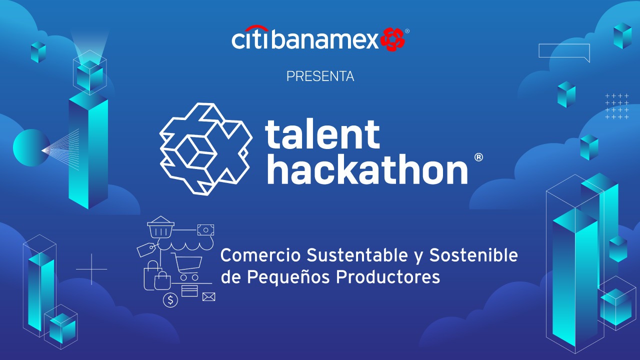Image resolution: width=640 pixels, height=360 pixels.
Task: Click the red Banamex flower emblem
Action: pyautogui.click(x=392, y=39)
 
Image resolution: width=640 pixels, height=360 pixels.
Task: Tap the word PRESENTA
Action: pyautogui.click(x=320, y=76)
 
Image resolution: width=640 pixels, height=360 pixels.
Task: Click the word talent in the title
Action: pyautogui.click(x=322, y=134)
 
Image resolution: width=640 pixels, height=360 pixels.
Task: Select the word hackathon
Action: pyautogui.click(x=367, y=169)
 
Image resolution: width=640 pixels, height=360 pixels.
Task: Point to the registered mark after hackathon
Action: pyautogui.click(x=478, y=157)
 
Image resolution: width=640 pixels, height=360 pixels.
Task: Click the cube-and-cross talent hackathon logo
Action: pyautogui.click(x=205, y=149)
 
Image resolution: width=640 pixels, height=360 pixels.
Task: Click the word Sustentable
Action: pyautogui.click(x=357, y=255)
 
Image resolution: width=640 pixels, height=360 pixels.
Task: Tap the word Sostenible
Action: pyautogui.click(x=473, y=255)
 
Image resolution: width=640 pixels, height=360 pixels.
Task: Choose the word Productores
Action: pyautogui.click(x=387, y=277)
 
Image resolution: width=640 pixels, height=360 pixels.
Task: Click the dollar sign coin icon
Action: pyautogui.click(x=170, y=300)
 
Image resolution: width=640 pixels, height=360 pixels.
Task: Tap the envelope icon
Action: pyautogui.click(x=208, y=297)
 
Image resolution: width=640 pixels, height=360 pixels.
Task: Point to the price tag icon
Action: pyautogui.click(x=146, y=249)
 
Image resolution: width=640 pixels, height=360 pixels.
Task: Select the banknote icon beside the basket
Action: pyautogui.click(x=205, y=230)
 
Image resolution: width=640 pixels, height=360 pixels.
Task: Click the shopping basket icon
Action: pyautogui.click(x=160, y=227)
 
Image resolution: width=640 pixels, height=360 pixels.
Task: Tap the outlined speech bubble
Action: pyautogui.click(x=564, y=52)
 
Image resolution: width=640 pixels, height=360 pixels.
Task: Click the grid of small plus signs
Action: pyautogui.click(x=617, y=106)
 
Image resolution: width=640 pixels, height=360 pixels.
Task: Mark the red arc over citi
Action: pyautogui.click(x=256, y=27)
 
